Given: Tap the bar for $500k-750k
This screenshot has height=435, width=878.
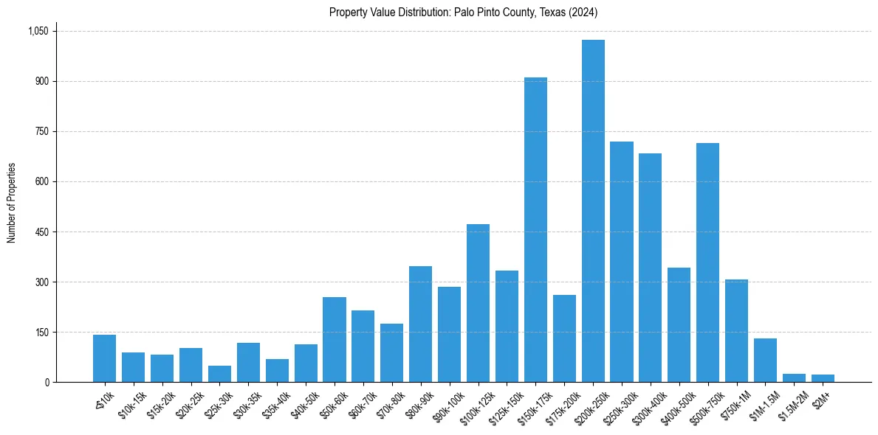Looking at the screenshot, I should (x=707, y=262).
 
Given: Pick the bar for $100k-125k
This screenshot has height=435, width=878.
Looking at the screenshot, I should (x=478, y=303).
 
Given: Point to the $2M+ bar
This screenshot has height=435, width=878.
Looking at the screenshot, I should (x=823, y=378).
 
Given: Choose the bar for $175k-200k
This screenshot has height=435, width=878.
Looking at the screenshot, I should (x=564, y=338).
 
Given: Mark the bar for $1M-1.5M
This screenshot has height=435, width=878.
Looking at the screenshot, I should (x=765, y=361).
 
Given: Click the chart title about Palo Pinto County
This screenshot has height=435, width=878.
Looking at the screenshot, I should (x=464, y=13).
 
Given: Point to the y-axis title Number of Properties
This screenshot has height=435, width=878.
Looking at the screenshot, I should (x=11, y=203).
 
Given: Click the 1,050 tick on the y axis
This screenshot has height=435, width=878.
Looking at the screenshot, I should (x=38, y=31).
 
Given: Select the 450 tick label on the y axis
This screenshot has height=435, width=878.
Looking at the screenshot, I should (x=41, y=232).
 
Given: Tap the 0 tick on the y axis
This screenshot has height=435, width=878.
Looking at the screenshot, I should (x=47, y=382).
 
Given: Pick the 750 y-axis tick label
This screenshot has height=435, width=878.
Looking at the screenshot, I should (x=41, y=131).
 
